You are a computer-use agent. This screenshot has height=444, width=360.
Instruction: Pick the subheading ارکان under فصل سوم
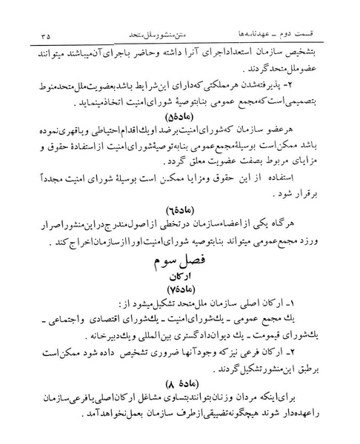179,281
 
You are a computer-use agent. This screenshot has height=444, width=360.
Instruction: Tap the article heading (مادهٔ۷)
179,297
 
